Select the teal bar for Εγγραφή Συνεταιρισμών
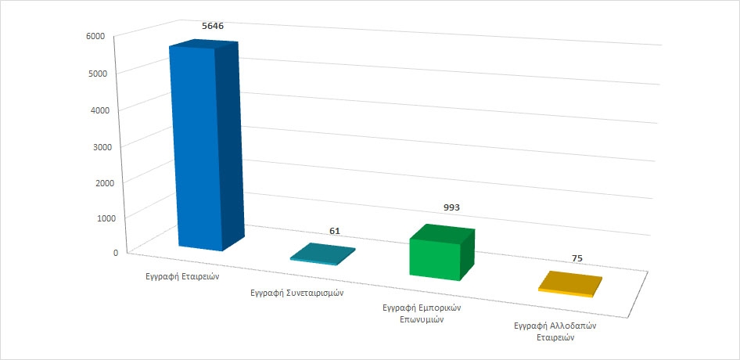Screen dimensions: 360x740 click(322, 254)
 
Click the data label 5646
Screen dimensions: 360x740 click(214, 26)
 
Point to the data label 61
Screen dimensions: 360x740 click(335, 231)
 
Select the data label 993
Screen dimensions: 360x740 click(451, 207)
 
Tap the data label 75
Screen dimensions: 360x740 click(577, 257)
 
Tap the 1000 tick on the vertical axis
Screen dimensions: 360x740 click(106, 218)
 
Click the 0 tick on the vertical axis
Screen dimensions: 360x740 click(115, 252)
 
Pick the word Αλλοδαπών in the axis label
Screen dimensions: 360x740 click(569, 325)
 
